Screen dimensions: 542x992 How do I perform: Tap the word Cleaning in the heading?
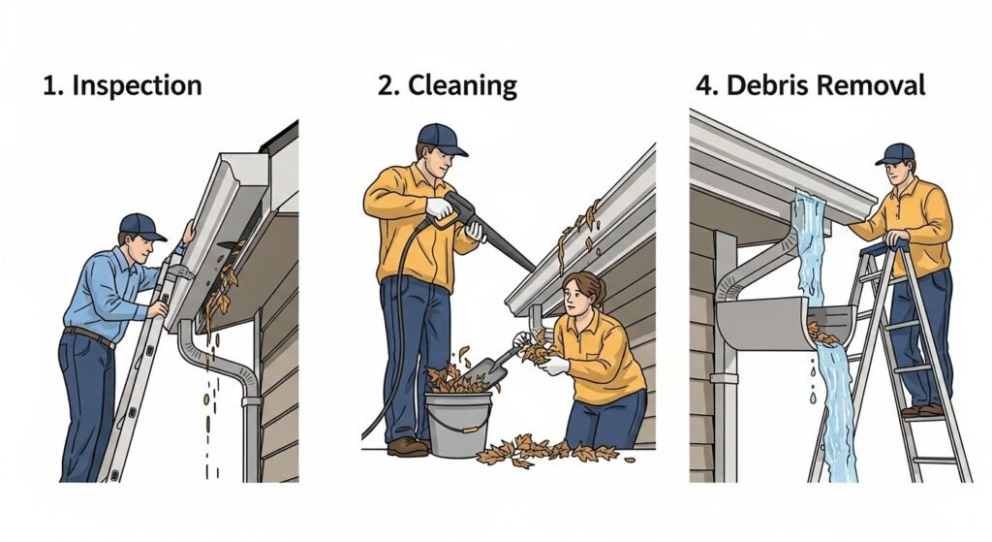(x=462, y=85)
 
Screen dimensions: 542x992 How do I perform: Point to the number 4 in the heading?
(x=703, y=85)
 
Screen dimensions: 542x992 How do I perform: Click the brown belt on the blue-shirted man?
(x=89, y=335)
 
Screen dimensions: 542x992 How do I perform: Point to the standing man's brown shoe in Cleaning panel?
(x=407, y=447)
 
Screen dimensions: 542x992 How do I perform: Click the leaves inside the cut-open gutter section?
(x=823, y=334)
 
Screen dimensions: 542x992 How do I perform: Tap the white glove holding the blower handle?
(x=439, y=207)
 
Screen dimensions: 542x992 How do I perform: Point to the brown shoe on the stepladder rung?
(x=915, y=411)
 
